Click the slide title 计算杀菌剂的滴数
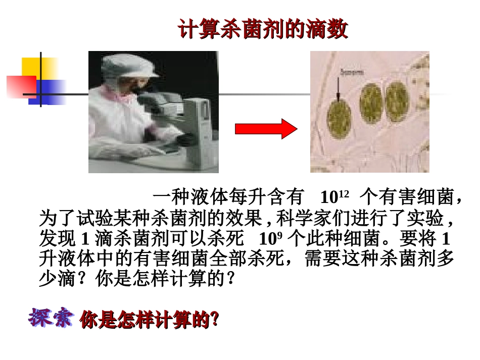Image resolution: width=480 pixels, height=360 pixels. [x=263, y=30]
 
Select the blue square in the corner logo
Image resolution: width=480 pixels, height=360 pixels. [x=51, y=91]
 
